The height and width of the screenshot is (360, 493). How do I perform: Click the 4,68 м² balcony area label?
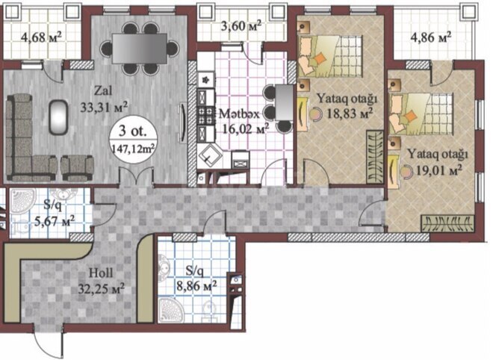coord(42,35)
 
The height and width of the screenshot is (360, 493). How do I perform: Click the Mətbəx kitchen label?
coord(238,114)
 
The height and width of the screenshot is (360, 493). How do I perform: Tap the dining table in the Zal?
coord(141,49)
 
